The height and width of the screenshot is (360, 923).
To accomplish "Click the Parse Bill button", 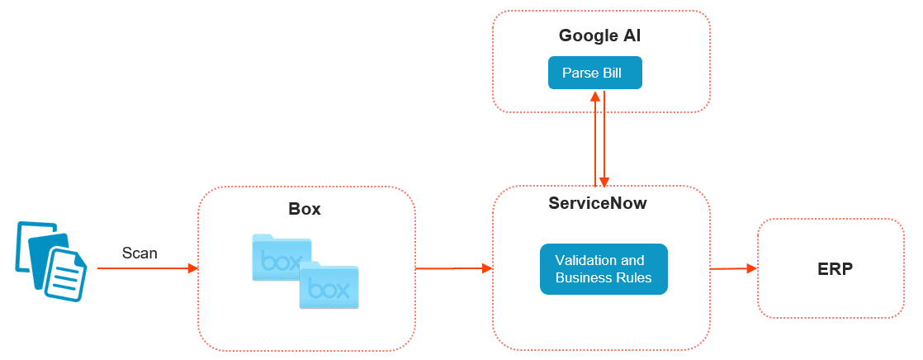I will (594, 73).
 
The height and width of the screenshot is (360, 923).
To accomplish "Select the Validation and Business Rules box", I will (603, 268).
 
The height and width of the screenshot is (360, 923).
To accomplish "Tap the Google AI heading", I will (600, 36).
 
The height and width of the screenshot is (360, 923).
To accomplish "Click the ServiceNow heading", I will (598, 203).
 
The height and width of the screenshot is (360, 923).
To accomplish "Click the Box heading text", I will (305, 209).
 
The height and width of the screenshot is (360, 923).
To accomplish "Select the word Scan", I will (140, 253).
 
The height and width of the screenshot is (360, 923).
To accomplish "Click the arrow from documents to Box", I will (147, 268).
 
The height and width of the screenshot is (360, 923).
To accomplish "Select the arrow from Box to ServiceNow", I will (453, 268).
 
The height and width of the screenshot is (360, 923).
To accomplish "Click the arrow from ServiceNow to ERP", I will (733, 268).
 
